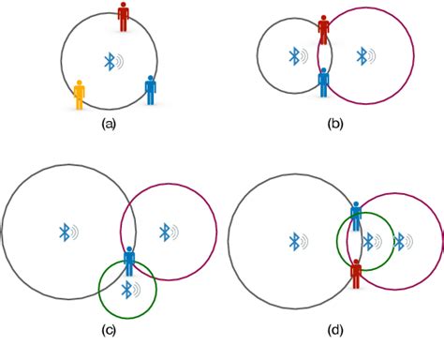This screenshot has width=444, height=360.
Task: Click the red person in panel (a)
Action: coord(124,16)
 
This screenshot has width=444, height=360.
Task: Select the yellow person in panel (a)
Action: coord(80,94)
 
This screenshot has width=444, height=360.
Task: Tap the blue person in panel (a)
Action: coord(151,89)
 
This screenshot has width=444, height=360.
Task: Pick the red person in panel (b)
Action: coord(324,29)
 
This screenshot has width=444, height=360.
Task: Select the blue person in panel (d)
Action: coord(356,217)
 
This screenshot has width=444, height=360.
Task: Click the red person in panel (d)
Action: coord(356,274)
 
